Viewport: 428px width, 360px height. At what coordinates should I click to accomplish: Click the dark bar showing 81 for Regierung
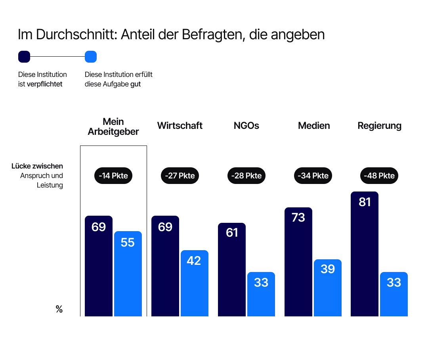[365, 254]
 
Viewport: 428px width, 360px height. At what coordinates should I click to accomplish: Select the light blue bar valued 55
[128, 274]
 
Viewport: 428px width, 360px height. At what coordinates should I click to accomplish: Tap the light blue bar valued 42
[195, 283]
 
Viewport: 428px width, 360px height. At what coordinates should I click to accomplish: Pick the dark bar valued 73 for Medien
[298, 262]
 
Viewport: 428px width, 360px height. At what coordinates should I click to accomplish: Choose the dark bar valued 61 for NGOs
[232, 270]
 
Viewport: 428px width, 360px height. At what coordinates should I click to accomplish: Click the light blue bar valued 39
[328, 288]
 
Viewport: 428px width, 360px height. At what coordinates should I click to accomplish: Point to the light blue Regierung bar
[394, 294]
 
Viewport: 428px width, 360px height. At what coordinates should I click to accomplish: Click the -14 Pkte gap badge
[113, 175]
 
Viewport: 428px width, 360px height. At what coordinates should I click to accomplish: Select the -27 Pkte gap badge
[180, 175]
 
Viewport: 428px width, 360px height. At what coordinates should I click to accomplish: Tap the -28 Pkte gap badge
[246, 175]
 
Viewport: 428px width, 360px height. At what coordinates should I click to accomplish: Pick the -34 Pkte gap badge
[313, 175]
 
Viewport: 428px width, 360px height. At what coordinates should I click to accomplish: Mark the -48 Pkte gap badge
[379, 175]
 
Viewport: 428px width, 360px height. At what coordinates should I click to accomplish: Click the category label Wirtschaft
[180, 126]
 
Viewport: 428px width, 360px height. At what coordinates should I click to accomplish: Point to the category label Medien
[314, 126]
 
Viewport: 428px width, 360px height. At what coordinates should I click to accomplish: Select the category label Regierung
[379, 126]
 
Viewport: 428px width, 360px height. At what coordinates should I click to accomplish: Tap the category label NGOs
[246, 126]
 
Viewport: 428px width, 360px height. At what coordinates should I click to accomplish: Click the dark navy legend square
[24, 57]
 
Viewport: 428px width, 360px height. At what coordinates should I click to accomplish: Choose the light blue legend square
[91, 57]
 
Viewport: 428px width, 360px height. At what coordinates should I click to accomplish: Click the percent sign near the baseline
[59, 310]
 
